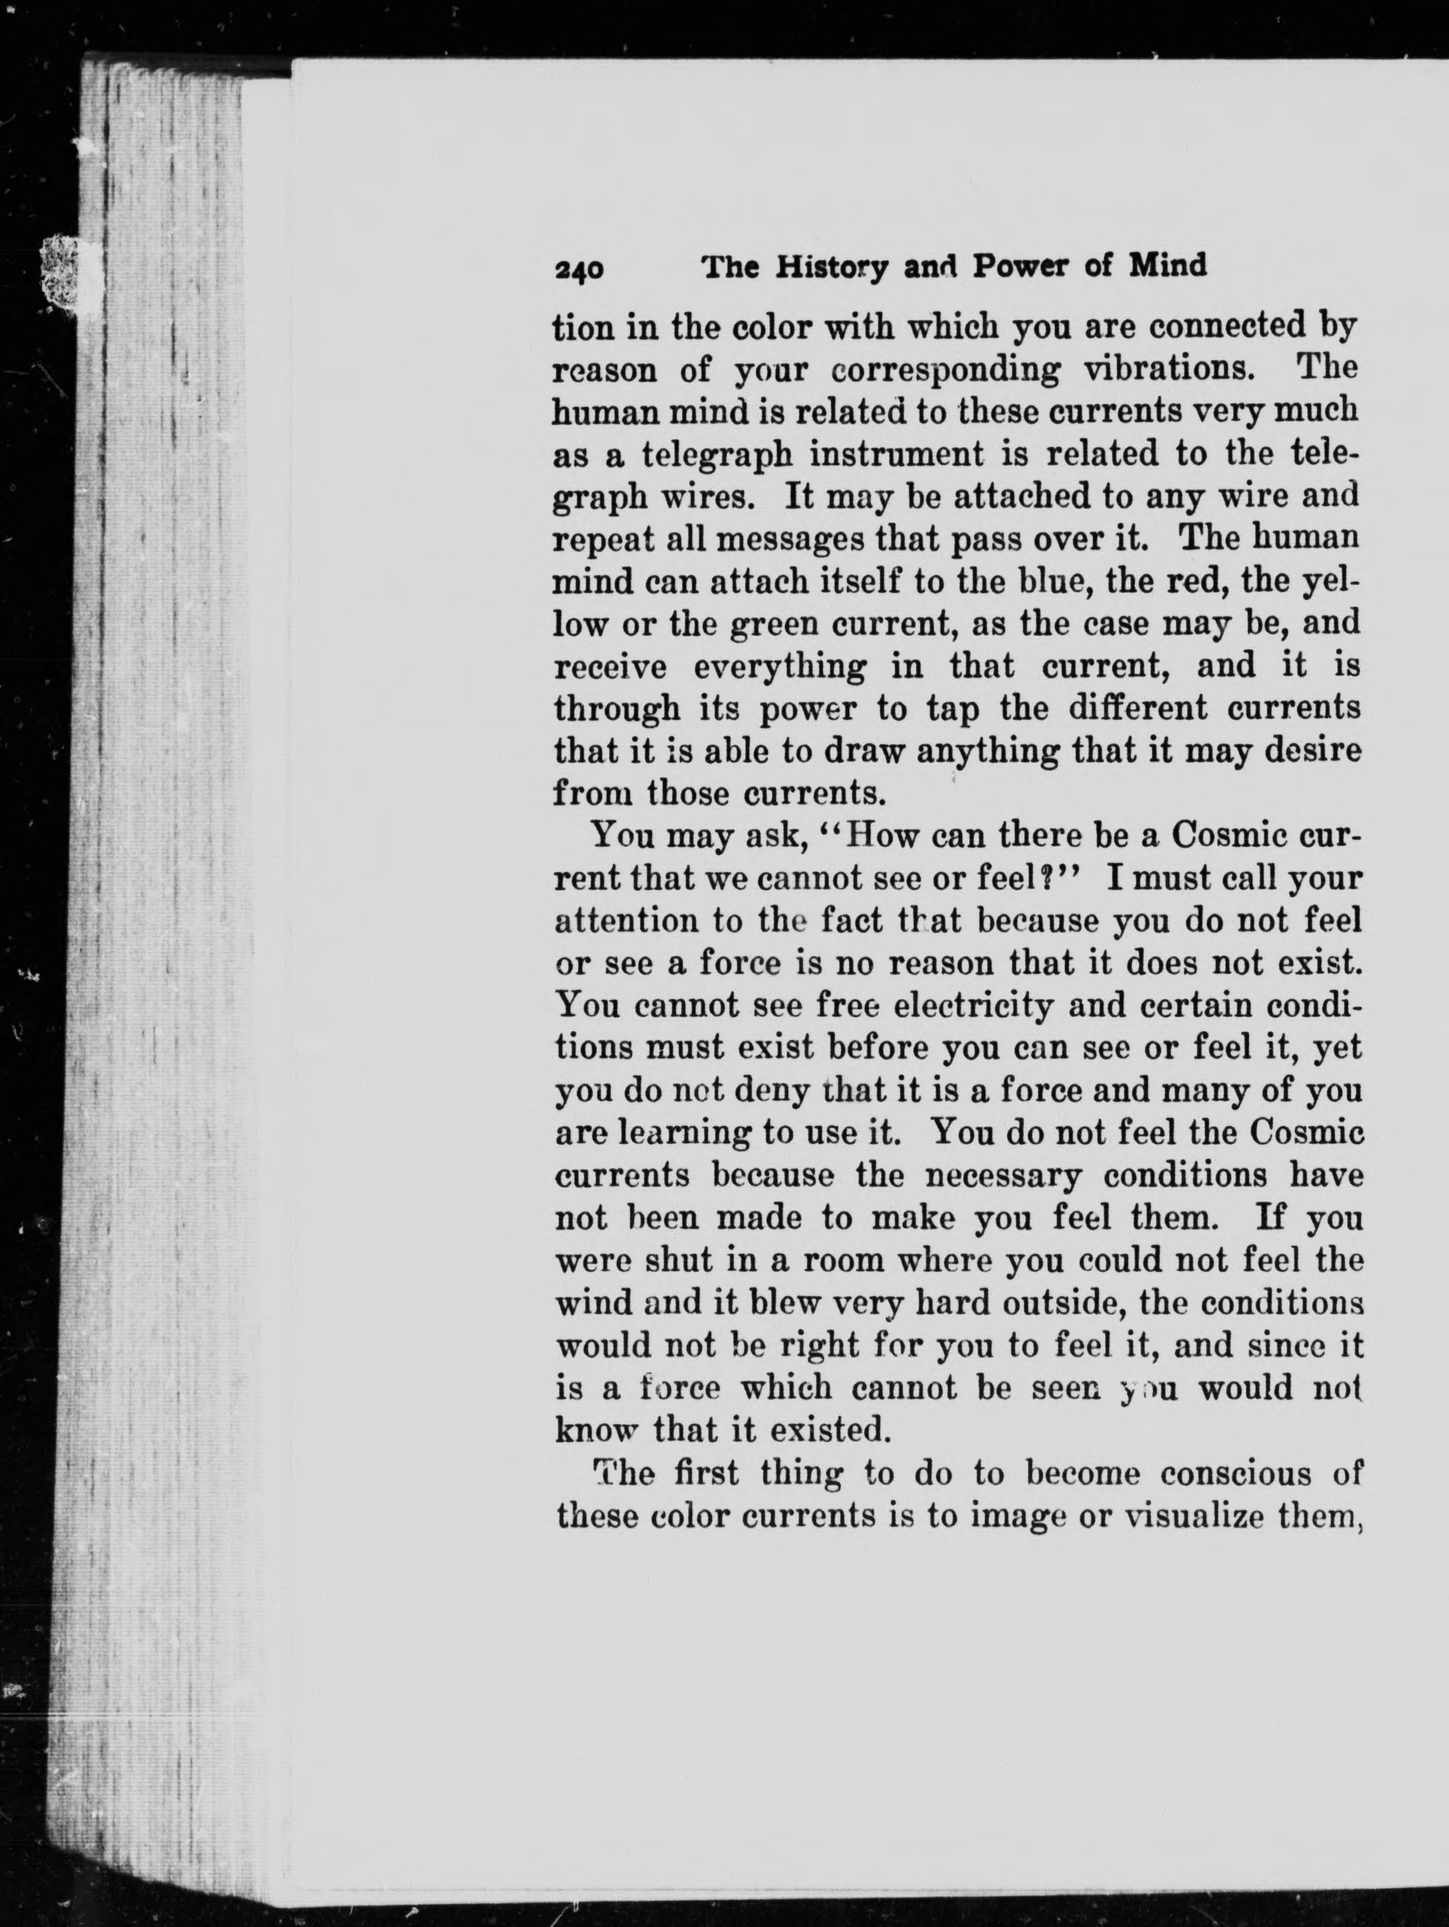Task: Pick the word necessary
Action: click(1003, 1176)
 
